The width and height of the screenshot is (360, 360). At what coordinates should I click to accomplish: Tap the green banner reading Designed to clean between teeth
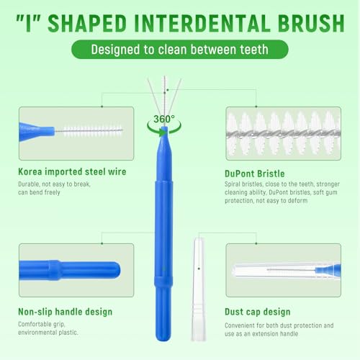[180, 49]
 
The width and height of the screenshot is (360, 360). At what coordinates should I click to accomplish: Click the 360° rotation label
[165, 118]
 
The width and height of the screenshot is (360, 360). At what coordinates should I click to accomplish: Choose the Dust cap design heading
[258, 312]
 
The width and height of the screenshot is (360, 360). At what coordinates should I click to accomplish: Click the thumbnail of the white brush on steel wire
[76, 134]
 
